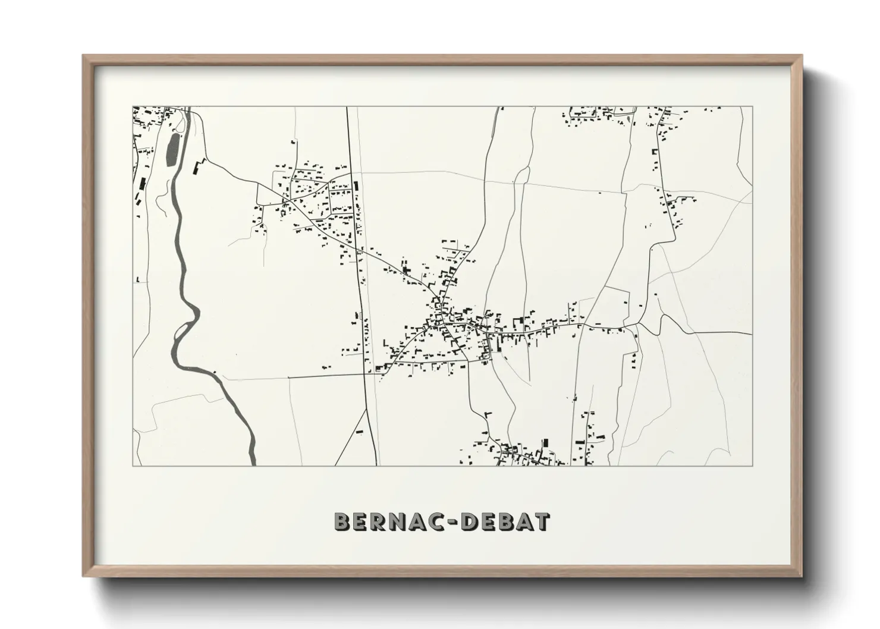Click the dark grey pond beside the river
point(172,150)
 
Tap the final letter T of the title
point(542,521)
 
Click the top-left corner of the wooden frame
point(84,56)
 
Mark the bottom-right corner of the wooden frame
point(802,575)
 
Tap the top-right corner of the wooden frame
point(802,56)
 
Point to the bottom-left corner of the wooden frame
point(84,575)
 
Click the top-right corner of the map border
point(753,106)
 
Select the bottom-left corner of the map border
point(133,466)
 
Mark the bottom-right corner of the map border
point(753,466)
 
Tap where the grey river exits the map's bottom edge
point(253,464)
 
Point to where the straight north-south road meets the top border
point(348,107)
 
